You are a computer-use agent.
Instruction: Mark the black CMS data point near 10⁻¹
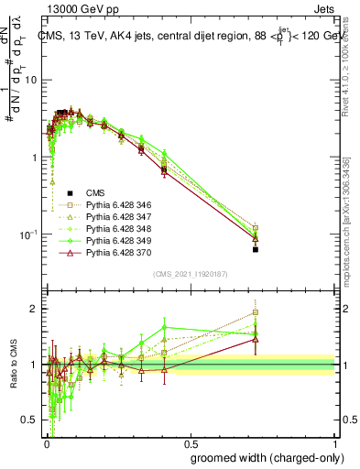tap(256, 249)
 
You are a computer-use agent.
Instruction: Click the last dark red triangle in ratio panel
tap(256, 339)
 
